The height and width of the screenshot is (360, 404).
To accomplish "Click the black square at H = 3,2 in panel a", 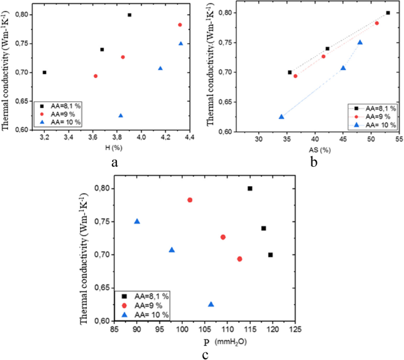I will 44,72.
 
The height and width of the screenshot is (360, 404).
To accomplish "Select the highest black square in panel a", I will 130,15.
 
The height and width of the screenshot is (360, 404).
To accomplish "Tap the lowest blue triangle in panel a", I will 121,115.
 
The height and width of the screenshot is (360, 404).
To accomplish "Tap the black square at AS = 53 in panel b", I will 388,12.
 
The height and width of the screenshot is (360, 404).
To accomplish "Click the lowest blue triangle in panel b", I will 281,117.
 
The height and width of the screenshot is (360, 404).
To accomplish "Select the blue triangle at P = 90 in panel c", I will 137,222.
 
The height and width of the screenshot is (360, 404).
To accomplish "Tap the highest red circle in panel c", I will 190,200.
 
